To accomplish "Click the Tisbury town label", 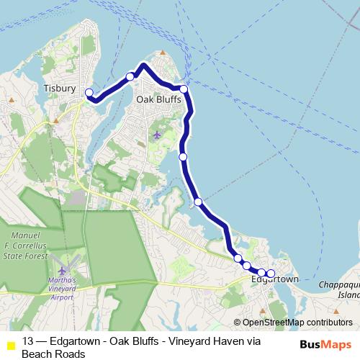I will click(59, 88).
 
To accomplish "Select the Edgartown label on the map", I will click(274, 279).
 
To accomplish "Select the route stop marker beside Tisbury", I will click(90, 92).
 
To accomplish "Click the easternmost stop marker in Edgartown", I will click(271, 273).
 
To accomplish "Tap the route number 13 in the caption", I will click(28, 341).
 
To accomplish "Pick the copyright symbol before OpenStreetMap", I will click(238, 323).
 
